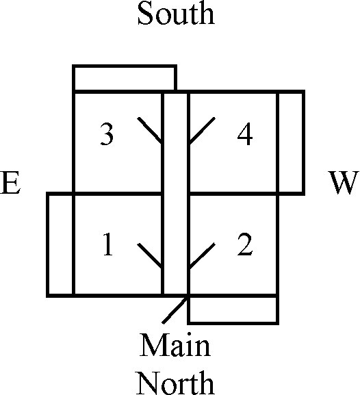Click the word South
pyautogui.click(x=176, y=13)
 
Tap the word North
pyautogui.click(x=176, y=383)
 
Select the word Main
pyautogui.click(x=175, y=344)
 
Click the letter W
pyautogui.click(x=344, y=183)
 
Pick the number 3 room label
pyautogui.click(x=107, y=133)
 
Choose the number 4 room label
pyautogui.click(x=245, y=133)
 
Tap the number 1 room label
pyautogui.click(x=108, y=244)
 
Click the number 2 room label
pyautogui.click(x=244, y=244)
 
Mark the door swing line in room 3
pyautogui.click(x=150, y=130)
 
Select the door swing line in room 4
pyautogui.click(x=201, y=131)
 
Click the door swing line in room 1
pyautogui.click(x=150, y=256)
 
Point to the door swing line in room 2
pyautogui.click(x=201, y=256)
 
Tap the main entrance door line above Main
pyautogui.click(x=175, y=310)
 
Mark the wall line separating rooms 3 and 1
pyautogui.click(x=118, y=194)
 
